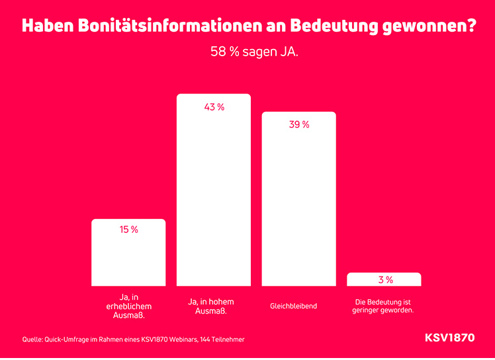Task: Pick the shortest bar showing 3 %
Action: [384, 279]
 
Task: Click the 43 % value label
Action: [214, 107]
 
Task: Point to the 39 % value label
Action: [299, 124]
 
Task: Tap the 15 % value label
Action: [128, 230]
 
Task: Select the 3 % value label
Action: [385, 280]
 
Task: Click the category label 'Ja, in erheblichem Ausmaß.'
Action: [128, 306]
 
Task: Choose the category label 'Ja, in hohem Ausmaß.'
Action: [213, 306]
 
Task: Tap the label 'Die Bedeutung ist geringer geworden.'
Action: [384, 306]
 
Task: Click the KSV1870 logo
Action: [449, 338]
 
